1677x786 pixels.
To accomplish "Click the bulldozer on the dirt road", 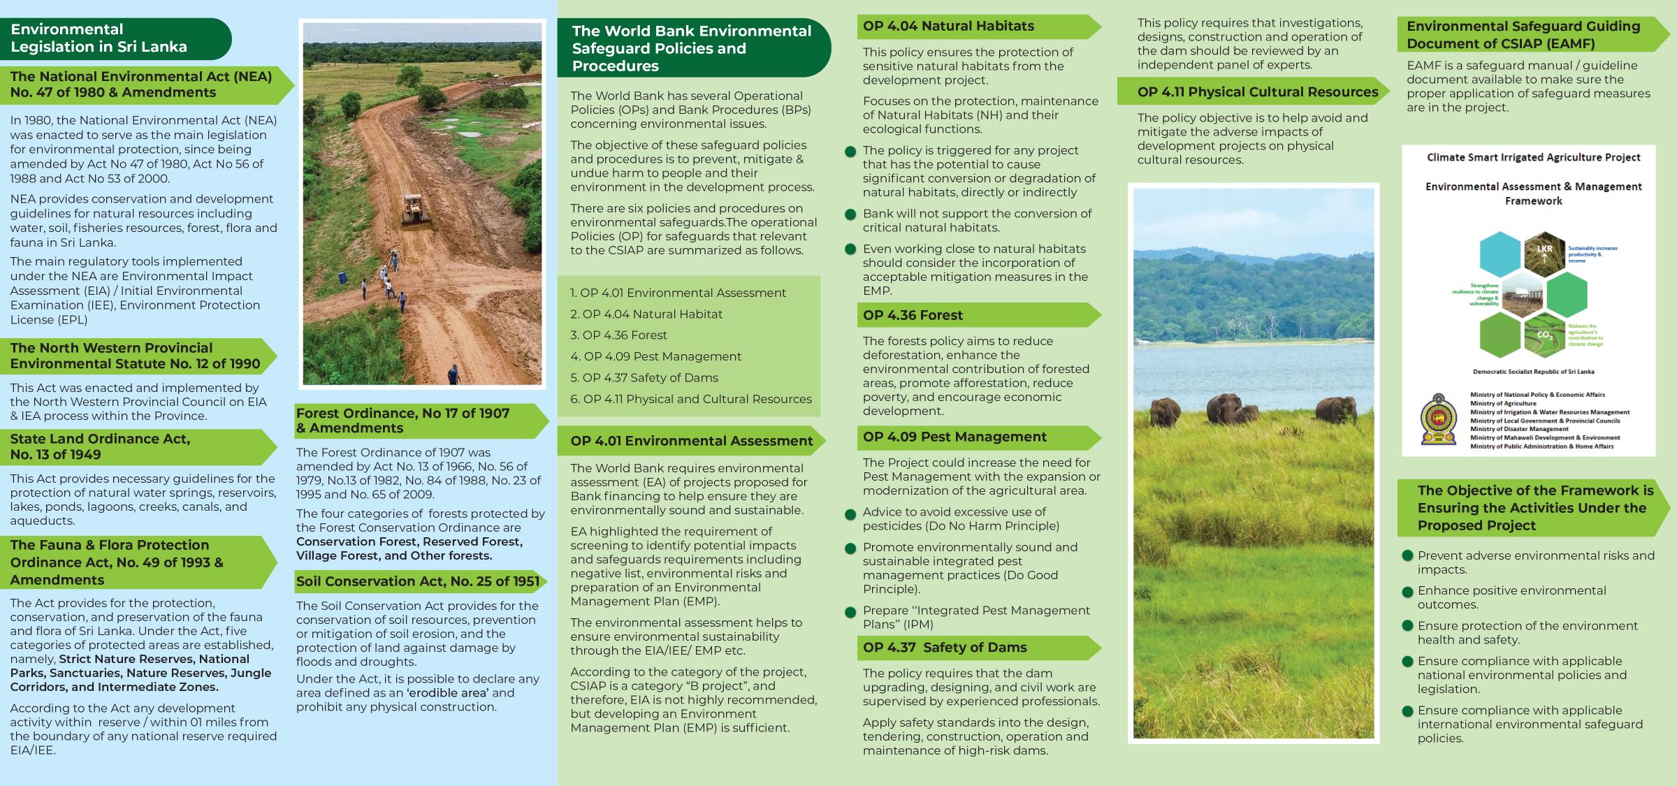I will point(416,212).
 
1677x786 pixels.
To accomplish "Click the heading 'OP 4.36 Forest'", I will point(913,315).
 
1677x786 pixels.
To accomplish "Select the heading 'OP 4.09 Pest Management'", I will point(954,437).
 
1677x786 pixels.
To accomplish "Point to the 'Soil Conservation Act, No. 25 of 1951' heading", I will point(417,581).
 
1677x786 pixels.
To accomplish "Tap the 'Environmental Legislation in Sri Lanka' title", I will point(99,38).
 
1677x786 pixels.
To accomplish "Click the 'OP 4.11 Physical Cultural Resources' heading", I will point(1257,92).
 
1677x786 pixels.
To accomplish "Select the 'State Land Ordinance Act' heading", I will point(100,446).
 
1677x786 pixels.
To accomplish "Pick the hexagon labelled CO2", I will point(1544,336).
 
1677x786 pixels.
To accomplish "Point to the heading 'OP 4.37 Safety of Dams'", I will point(945,648).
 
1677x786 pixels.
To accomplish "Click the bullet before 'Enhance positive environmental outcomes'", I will point(1408,592).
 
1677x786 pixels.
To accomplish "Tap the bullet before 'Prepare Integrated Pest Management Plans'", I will point(850,613).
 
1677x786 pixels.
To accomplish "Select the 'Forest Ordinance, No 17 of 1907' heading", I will point(402,421).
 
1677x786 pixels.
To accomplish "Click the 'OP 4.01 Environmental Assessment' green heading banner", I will point(691,441).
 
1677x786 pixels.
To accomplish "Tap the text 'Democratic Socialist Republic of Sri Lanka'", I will point(1533,372).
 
